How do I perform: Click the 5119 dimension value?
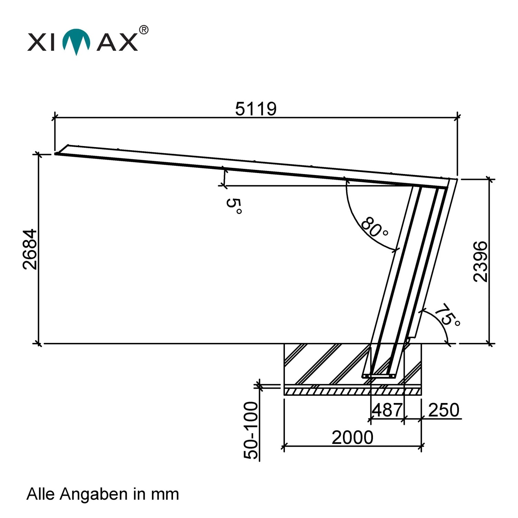coord(256,109)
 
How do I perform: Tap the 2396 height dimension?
coord(480,261)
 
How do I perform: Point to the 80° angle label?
coord(374,227)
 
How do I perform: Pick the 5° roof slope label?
coord(234,206)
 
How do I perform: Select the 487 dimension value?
coord(387,410)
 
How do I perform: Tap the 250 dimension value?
coord(444,410)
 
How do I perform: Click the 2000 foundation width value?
coord(353,438)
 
